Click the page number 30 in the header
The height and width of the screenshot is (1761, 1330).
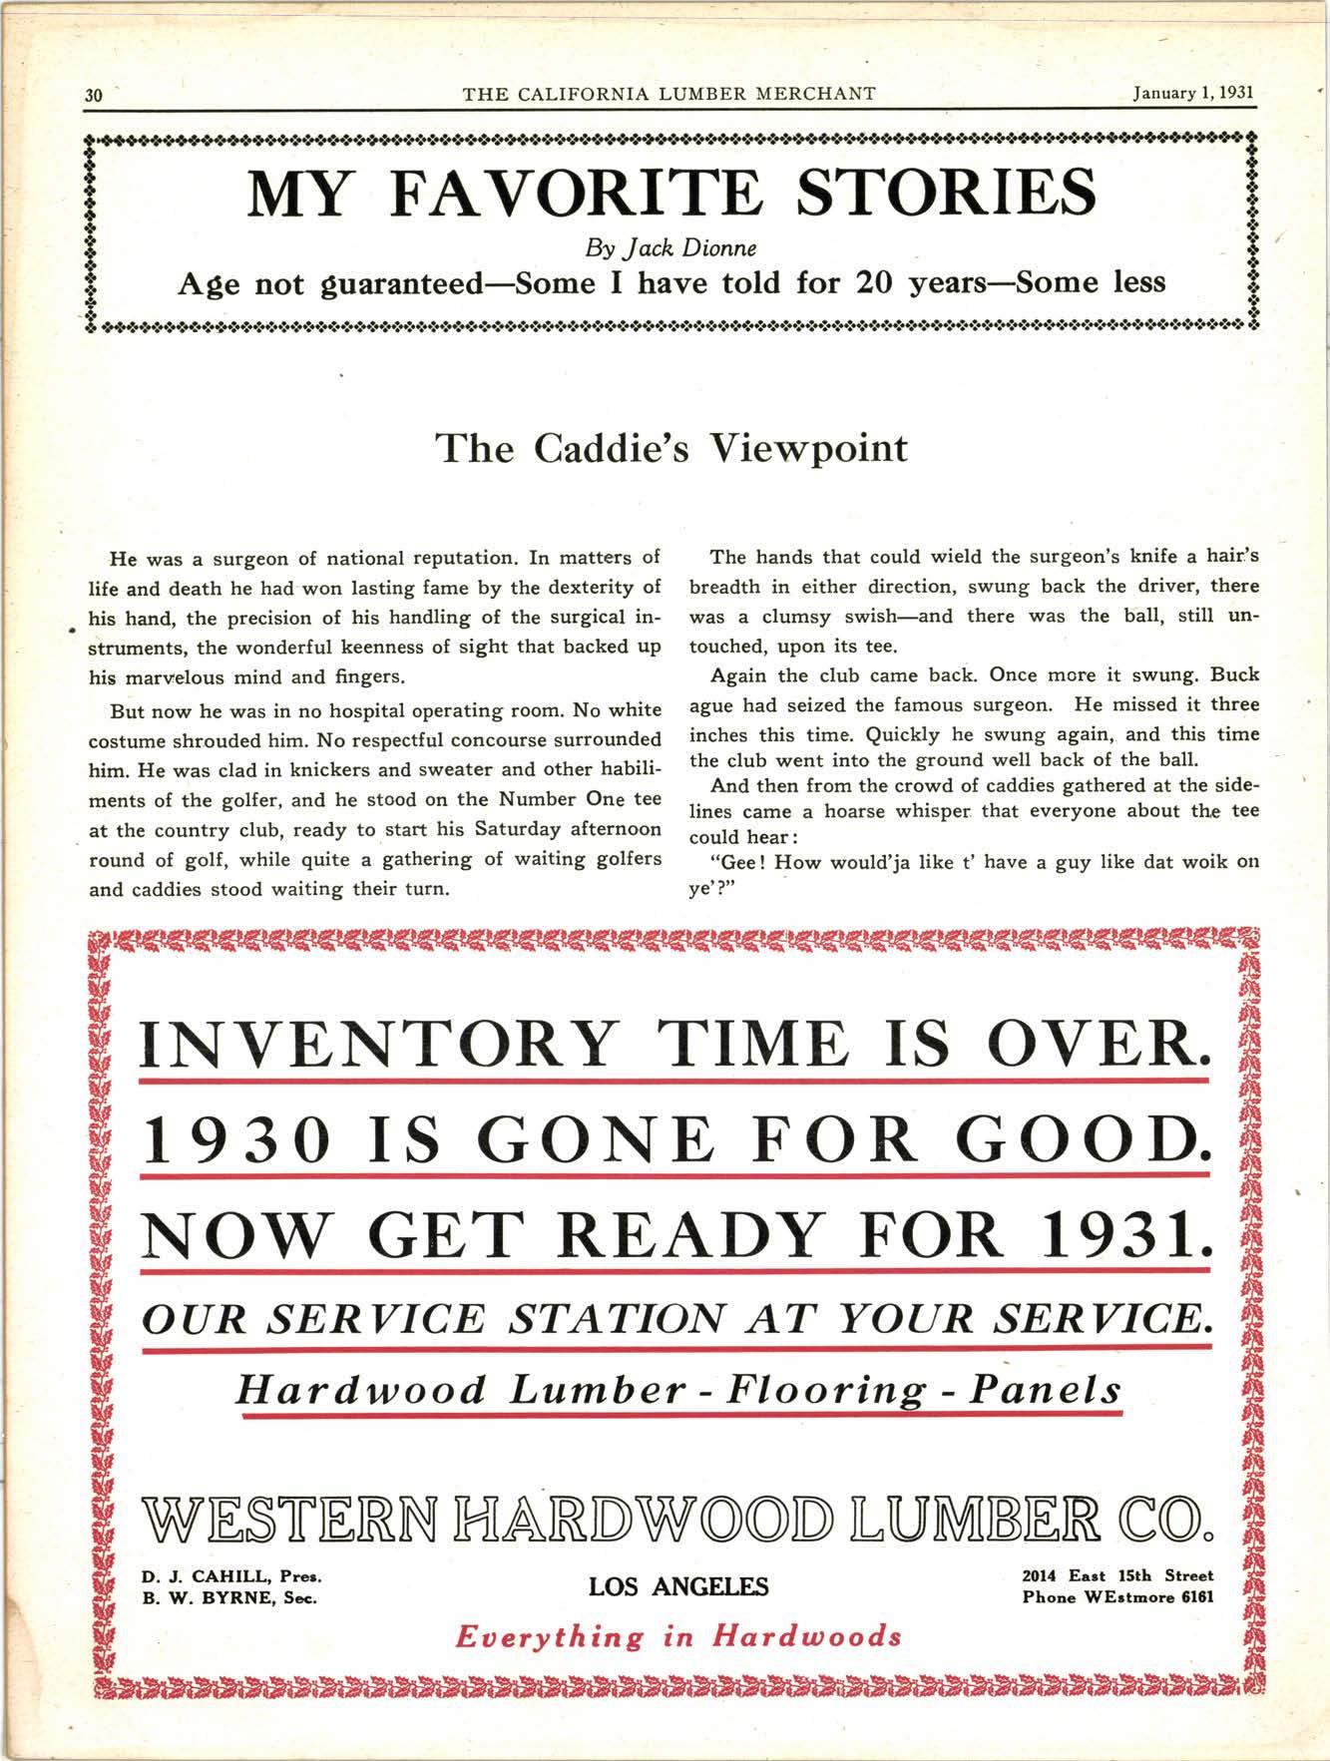coord(94,96)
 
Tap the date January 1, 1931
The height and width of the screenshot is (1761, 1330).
coord(1192,94)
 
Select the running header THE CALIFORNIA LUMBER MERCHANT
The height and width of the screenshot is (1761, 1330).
coord(669,94)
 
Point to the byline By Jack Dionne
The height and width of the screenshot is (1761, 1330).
coord(669,246)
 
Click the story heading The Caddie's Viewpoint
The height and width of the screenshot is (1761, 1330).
coord(671,448)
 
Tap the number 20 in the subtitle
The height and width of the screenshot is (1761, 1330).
coord(876,283)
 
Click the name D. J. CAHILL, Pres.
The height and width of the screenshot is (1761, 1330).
coord(230,1577)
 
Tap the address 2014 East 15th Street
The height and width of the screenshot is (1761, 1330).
coord(1117,1576)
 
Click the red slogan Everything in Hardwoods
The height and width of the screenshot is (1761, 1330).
coord(677,1637)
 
